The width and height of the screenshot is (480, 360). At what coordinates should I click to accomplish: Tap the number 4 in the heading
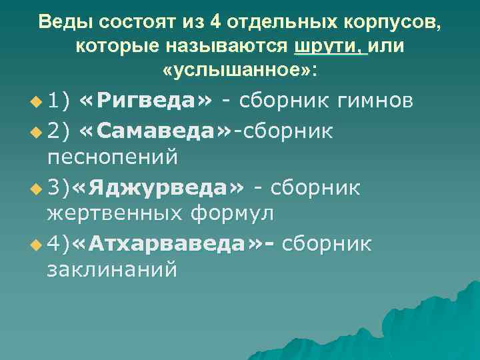214,22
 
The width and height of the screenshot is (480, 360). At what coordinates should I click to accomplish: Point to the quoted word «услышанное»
240,70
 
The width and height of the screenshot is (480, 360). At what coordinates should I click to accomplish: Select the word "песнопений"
113,157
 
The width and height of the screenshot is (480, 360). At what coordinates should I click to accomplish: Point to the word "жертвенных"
117,214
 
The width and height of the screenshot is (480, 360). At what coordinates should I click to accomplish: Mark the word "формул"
233,214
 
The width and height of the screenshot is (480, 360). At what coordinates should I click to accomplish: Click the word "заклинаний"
112,270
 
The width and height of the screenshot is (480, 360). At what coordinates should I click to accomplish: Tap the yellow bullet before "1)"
36,102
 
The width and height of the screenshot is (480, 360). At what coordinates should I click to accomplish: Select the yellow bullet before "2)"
36,132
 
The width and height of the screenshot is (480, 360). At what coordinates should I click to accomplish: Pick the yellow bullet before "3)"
36,189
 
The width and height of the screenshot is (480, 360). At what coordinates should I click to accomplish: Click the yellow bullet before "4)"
36,245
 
